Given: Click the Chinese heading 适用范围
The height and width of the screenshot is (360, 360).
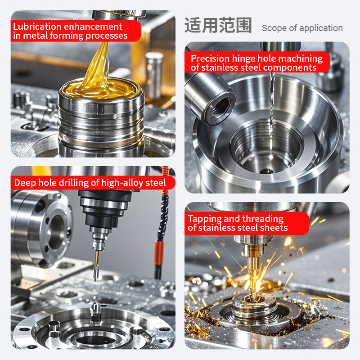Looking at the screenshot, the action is pos(218,25).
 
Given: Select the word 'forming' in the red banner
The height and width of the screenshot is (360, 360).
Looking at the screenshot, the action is pos(66,36).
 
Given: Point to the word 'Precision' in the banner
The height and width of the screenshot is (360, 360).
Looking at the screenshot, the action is pos(210,58).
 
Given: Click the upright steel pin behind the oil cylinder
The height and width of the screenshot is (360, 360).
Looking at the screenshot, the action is pos(154,76).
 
